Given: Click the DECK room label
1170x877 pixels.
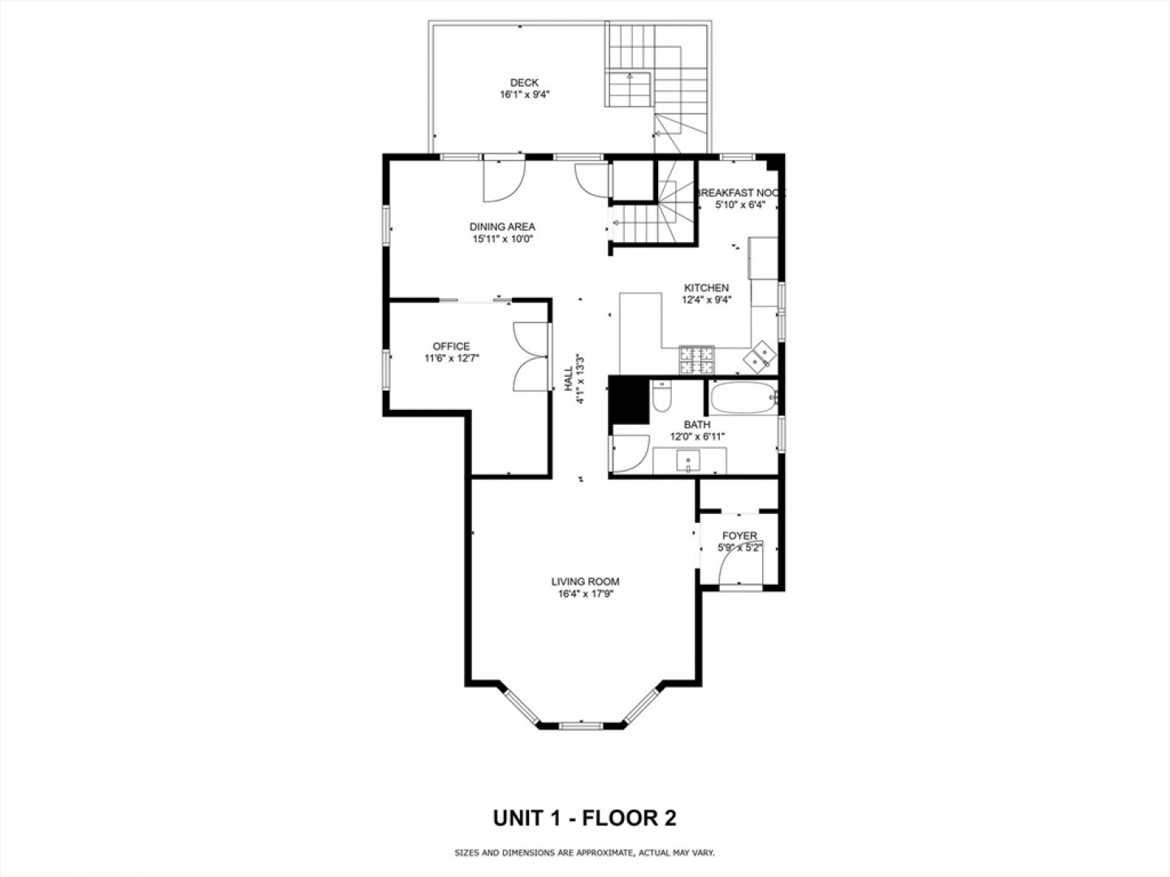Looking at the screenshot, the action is [x=524, y=83].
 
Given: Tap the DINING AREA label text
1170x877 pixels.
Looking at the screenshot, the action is [x=502, y=227].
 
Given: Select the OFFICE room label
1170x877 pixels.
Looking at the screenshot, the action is [x=451, y=347].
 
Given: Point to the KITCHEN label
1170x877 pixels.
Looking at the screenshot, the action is [x=706, y=288].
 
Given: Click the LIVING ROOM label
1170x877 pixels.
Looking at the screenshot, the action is [x=585, y=582].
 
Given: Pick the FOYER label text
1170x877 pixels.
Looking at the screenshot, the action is [x=739, y=536].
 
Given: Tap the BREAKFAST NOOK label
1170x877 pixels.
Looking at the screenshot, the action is [x=740, y=192].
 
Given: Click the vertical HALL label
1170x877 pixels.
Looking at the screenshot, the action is [x=569, y=378].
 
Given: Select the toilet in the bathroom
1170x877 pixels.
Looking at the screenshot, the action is [x=662, y=396].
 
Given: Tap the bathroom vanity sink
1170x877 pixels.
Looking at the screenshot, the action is [x=688, y=461].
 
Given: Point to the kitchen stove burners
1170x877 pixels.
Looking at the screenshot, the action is [x=696, y=360].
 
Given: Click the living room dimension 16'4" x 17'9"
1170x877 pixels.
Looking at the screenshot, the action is [x=586, y=594].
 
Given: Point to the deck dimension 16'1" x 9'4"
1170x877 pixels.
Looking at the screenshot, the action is [x=525, y=95].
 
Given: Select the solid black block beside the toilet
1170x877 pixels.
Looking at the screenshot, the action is [x=629, y=400].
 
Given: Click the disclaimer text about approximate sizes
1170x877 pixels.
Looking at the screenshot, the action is [x=584, y=853].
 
